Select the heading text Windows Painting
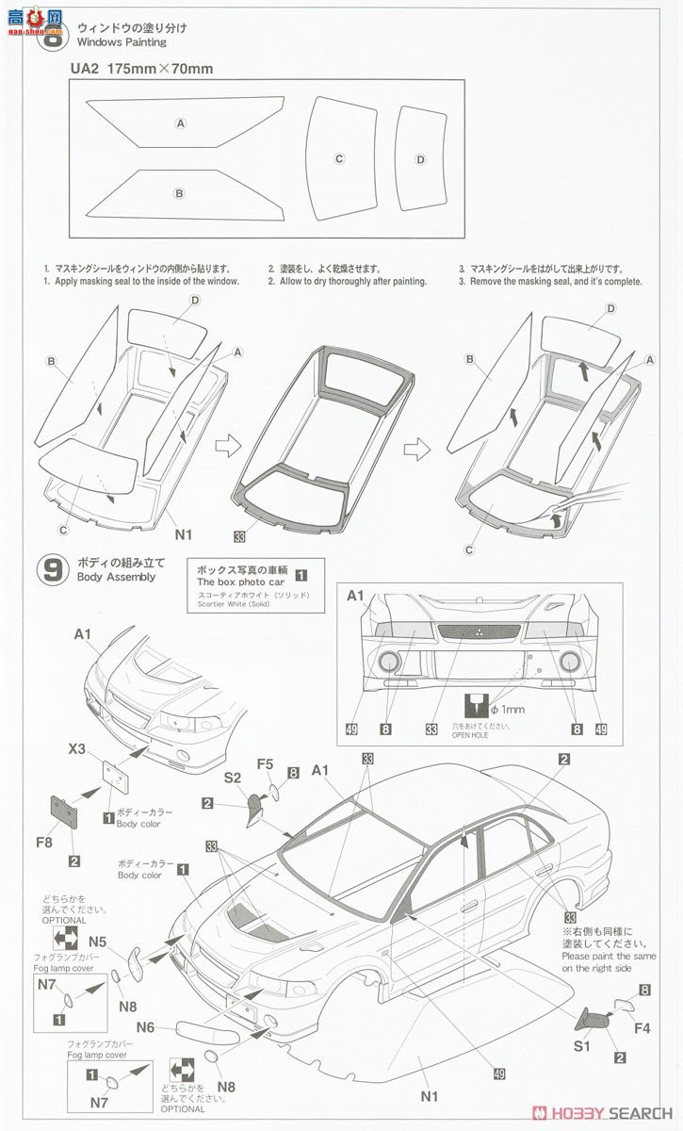[x=122, y=42]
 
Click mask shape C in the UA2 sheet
[x=338, y=158]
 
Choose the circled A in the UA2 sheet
[x=180, y=123]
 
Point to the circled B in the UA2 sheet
[x=179, y=193]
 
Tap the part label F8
[x=44, y=841]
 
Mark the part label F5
[x=267, y=764]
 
